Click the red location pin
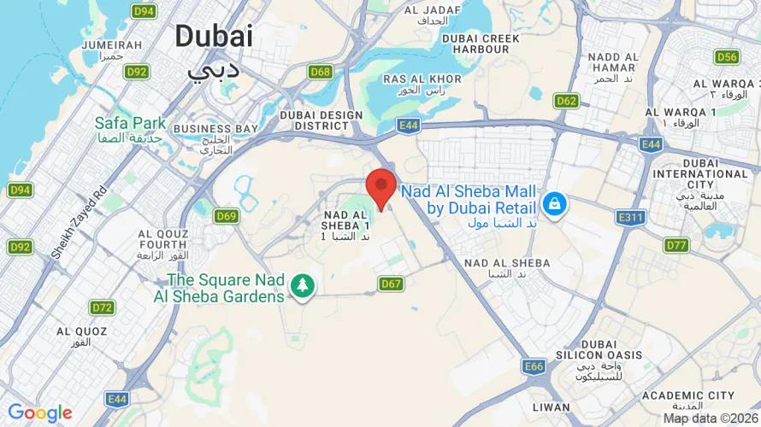pos(380,187)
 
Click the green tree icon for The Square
pos(300,287)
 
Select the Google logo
pos(39,414)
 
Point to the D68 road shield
pos(321,72)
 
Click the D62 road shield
pos(566,101)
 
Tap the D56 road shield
pos(727,57)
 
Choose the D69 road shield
pos(226,216)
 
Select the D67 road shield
pos(391,284)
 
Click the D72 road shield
pos(103,307)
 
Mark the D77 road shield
pos(676,246)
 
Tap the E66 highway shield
pos(534,366)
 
